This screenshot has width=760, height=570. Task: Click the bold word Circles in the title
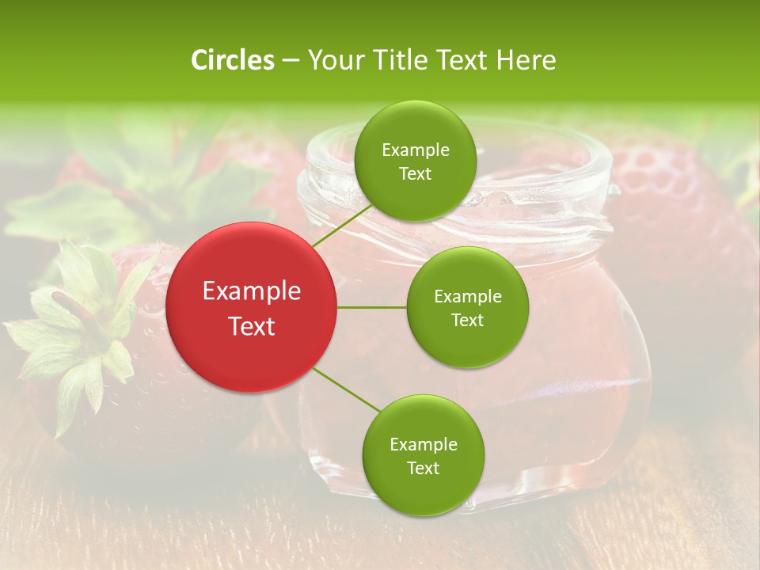pyautogui.click(x=233, y=60)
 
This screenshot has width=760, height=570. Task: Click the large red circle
pyautogui.click(x=251, y=307)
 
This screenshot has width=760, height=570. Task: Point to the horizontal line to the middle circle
pyautogui.click(x=371, y=307)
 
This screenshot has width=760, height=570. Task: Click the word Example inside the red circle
pyautogui.click(x=251, y=291)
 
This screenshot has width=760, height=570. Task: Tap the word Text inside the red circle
pyautogui.click(x=251, y=326)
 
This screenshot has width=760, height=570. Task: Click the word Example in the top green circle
pyautogui.click(x=415, y=150)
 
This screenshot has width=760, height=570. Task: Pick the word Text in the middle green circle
pyautogui.click(x=467, y=320)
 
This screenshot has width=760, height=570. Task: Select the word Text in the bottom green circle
pyautogui.click(x=423, y=468)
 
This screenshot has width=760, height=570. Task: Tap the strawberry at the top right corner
pyautogui.click(x=681, y=206)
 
